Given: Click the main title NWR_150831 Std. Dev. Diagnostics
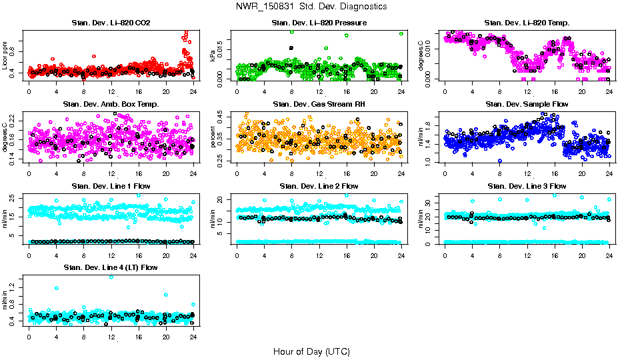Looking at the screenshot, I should [311, 7].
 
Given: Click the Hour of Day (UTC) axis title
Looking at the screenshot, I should [311, 351].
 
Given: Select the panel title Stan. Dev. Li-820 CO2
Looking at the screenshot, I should [111, 23].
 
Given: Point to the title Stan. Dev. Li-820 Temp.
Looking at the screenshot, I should [527, 23].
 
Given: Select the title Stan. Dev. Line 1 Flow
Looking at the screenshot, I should [111, 186].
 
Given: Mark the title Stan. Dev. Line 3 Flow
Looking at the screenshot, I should [527, 186].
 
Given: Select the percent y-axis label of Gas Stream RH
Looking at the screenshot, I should [213, 137].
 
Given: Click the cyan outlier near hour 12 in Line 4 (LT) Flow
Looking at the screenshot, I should [111, 277].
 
